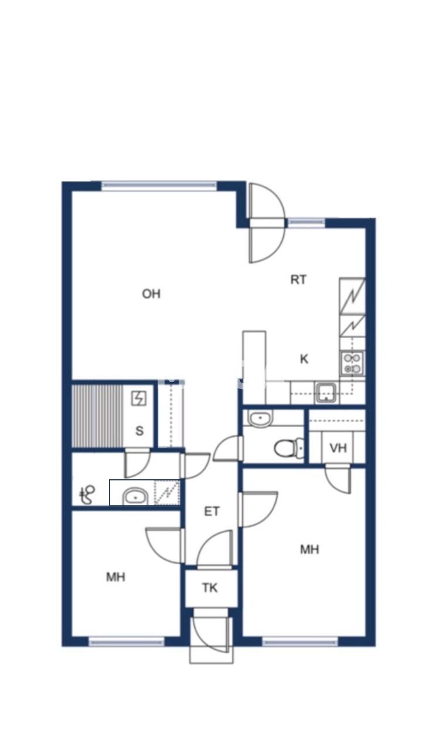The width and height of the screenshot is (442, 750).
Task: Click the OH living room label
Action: coord(151,294)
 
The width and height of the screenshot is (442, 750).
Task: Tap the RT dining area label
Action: coord(298,280)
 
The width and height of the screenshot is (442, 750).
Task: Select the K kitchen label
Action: coord(304,359)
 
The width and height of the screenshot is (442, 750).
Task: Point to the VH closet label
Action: coord(338,448)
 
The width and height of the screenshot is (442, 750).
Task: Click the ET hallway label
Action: coord(212,512)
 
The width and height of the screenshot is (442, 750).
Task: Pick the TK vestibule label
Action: coord(210,588)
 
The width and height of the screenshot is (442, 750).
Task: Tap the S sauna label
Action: coord(140,431)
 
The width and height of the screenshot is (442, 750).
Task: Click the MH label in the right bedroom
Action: coord(310,550)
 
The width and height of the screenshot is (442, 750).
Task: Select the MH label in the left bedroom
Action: coord(115,578)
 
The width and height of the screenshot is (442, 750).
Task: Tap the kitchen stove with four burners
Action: coord(352,363)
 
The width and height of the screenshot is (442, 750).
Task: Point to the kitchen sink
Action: coord(325,392)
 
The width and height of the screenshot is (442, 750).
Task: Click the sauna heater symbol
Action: coord(139,399)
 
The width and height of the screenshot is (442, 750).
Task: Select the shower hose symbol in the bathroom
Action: coord(88,495)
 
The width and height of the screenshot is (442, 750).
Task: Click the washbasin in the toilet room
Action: coord(260,418)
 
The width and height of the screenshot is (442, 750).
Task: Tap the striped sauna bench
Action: coord(97,415)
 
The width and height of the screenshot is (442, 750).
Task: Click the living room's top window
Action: coord(159,186)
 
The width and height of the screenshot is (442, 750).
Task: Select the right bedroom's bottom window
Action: coord(300,642)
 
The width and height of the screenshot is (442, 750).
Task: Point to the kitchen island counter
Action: coord(254,367)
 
